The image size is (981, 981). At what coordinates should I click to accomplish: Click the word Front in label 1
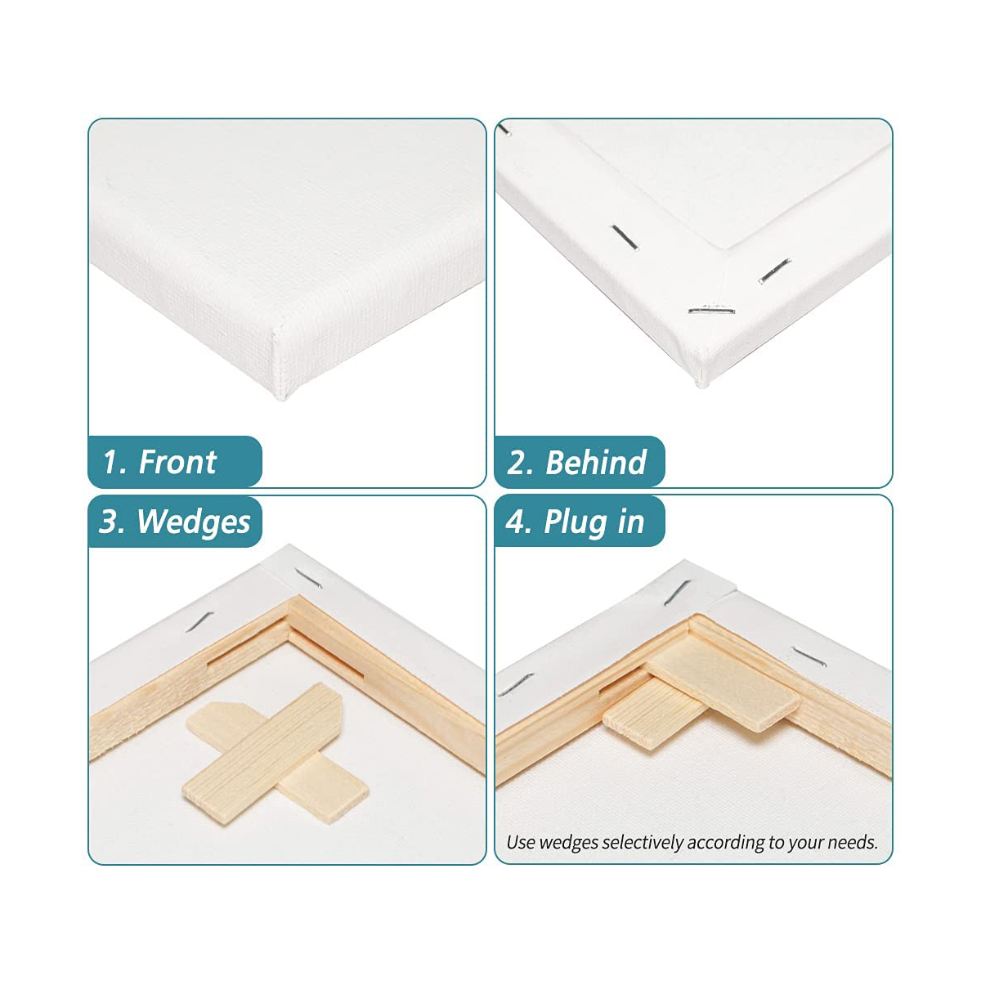(177, 462)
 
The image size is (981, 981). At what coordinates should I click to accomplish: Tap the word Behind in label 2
(596, 462)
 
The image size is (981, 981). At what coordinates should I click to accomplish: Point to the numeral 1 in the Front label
(111, 462)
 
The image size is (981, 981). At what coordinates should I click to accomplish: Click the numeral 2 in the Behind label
(517, 462)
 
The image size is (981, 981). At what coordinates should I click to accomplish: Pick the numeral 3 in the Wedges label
(110, 522)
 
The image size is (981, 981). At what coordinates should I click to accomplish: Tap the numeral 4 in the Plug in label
(516, 522)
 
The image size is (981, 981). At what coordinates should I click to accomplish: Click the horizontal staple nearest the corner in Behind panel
(711, 309)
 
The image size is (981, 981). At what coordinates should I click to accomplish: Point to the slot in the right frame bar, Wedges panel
(327, 658)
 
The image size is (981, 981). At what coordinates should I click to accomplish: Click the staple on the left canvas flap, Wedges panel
(199, 621)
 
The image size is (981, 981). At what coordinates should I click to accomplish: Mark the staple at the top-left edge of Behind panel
(504, 128)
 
